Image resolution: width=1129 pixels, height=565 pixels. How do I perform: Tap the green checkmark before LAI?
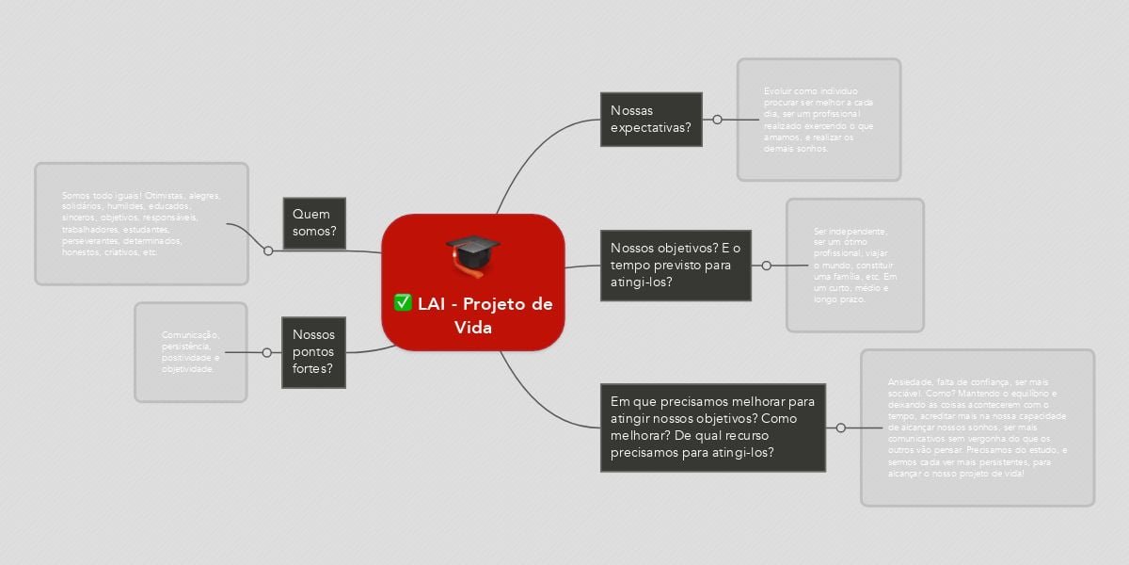coord(403,302)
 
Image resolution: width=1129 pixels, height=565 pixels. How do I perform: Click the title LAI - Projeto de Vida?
coord(473,315)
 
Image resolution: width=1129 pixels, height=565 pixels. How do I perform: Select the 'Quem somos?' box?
coord(314,223)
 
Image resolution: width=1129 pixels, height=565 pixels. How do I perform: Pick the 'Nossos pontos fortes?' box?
coord(314,352)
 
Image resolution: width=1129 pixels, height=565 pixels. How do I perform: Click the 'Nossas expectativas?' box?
coord(651,120)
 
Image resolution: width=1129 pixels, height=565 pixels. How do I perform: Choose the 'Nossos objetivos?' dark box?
coord(676,265)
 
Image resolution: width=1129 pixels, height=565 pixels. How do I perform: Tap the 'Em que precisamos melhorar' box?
coord(712,427)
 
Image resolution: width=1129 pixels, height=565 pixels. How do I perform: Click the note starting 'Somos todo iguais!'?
coord(141,224)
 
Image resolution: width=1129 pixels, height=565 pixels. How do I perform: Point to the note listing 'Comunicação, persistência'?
coord(190,352)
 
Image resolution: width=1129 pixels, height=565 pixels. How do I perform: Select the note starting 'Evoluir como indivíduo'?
coord(819,120)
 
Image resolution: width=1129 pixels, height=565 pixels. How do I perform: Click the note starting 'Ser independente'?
coord(855,265)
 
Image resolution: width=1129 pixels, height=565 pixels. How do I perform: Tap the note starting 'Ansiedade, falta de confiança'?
coord(977,428)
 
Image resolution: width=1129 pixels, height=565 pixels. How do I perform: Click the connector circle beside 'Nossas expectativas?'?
coord(718,120)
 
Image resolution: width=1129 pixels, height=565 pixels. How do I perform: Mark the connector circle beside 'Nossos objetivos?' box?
coord(767,266)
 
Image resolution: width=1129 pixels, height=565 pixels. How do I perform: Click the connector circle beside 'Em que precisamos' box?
coord(841,428)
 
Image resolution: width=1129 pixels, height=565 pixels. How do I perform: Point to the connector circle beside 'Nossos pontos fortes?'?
coord(266,352)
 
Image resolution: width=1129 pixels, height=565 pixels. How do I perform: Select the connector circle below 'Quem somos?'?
coord(268,250)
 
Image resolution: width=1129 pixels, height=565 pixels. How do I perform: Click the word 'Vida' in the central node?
coord(473,327)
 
